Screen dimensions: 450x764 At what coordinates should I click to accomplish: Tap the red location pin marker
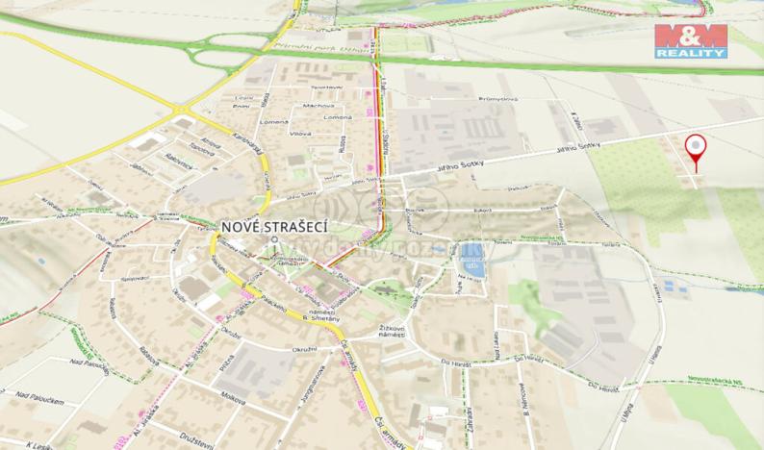click(x=696, y=149)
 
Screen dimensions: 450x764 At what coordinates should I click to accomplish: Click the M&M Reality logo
click(x=690, y=41)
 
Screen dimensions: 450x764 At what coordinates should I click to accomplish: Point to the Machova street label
click(x=318, y=105)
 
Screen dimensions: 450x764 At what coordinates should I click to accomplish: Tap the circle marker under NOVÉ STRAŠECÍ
click(x=275, y=240)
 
